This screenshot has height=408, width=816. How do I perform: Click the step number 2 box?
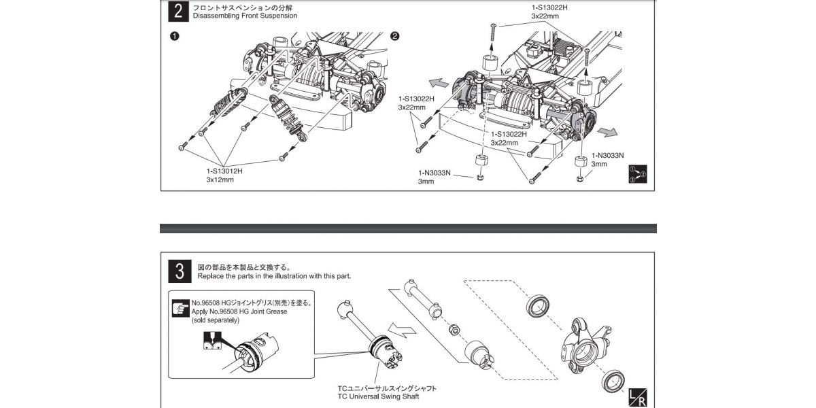point(178,12)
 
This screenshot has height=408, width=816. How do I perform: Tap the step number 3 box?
point(178,271)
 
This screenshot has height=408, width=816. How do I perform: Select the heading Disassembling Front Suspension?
point(245,16)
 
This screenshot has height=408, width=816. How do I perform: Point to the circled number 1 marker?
point(174,37)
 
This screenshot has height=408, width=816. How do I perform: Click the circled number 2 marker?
point(395,37)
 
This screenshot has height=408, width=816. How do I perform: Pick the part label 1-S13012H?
point(224,171)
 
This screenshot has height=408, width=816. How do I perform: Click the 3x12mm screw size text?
point(220,181)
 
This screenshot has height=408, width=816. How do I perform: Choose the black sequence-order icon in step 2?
point(638,174)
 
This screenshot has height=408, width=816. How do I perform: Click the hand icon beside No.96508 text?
point(181,307)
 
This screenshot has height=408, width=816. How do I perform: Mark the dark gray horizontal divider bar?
point(408,228)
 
